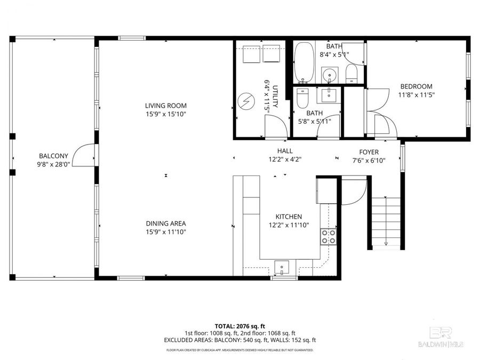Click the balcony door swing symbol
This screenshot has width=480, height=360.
tap(83, 155)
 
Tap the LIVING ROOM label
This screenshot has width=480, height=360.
tap(165, 106)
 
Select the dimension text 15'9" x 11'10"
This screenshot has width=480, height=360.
tap(165, 231)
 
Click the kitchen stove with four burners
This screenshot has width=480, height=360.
tap(329, 236)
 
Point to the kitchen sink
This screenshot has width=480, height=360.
tap(281, 266)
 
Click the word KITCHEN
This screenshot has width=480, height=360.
tap(289, 217)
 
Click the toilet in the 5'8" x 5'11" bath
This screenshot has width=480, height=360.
tap(303, 98)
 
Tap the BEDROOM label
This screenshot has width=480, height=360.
tap(416, 86)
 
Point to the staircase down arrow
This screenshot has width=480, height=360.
tap(385, 243)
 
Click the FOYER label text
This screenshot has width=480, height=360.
tap(369, 151)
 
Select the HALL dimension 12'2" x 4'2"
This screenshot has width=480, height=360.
tap(285, 159)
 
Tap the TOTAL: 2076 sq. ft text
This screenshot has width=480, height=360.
tap(239, 325)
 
